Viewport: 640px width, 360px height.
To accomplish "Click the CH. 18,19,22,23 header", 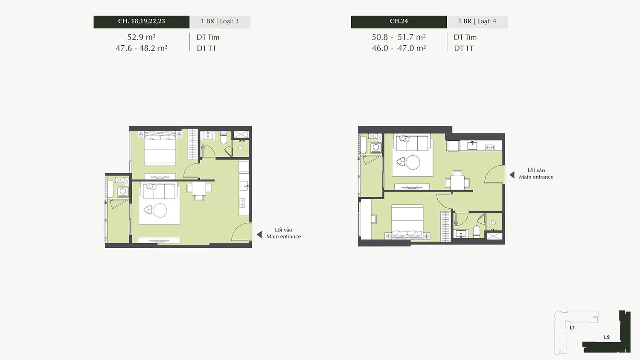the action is click(x=141, y=21).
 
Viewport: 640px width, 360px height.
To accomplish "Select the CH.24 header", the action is click(x=399, y=21).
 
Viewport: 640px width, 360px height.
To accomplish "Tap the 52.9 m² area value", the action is click(x=141, y=37).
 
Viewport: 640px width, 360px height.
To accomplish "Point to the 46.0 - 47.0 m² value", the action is click(x=399, y=48).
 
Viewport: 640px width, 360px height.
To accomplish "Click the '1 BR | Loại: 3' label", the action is click(x=220, y=21).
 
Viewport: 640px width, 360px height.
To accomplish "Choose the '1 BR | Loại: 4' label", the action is click(x=477, y=21).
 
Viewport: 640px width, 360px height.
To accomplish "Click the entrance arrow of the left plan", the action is click(x=259, y=235).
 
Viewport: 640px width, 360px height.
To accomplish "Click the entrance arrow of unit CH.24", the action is click(x=512, y=175).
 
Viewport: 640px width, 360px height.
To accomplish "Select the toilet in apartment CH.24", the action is click(x=477, y=232).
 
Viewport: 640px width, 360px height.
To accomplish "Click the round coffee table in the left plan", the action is click(x=160, y=211).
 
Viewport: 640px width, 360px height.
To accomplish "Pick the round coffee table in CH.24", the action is click(x=413, y=162).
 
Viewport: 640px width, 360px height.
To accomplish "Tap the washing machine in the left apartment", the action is click(x=123, y=192).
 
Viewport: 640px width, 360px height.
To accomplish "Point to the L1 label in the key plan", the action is click(x=572, y=328).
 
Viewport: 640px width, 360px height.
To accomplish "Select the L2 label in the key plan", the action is click(x=607, y=337).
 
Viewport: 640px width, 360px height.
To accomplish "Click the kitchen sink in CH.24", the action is click(x=472, y=146).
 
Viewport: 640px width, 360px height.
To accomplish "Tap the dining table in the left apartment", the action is click(x=199, y=189).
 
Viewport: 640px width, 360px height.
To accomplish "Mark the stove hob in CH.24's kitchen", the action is click(x=490, y=148).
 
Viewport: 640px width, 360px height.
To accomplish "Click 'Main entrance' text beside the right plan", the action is click(x=536, y=177).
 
